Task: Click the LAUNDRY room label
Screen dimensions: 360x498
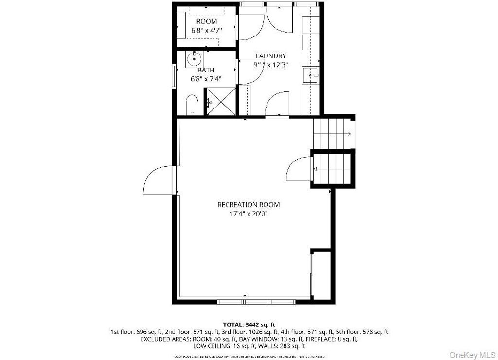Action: [x=270, y=56]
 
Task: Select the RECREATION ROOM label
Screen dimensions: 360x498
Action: [x=249, y=205]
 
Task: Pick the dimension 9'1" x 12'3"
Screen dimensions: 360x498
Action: [x=270, y=64]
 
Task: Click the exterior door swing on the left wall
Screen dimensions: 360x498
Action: [x=158, y=180]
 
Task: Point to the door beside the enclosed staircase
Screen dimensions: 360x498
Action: [x=298, y=170]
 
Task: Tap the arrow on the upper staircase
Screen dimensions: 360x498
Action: [x=348, y=133]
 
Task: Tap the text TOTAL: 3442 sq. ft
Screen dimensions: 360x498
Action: [x=249, y=324]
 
